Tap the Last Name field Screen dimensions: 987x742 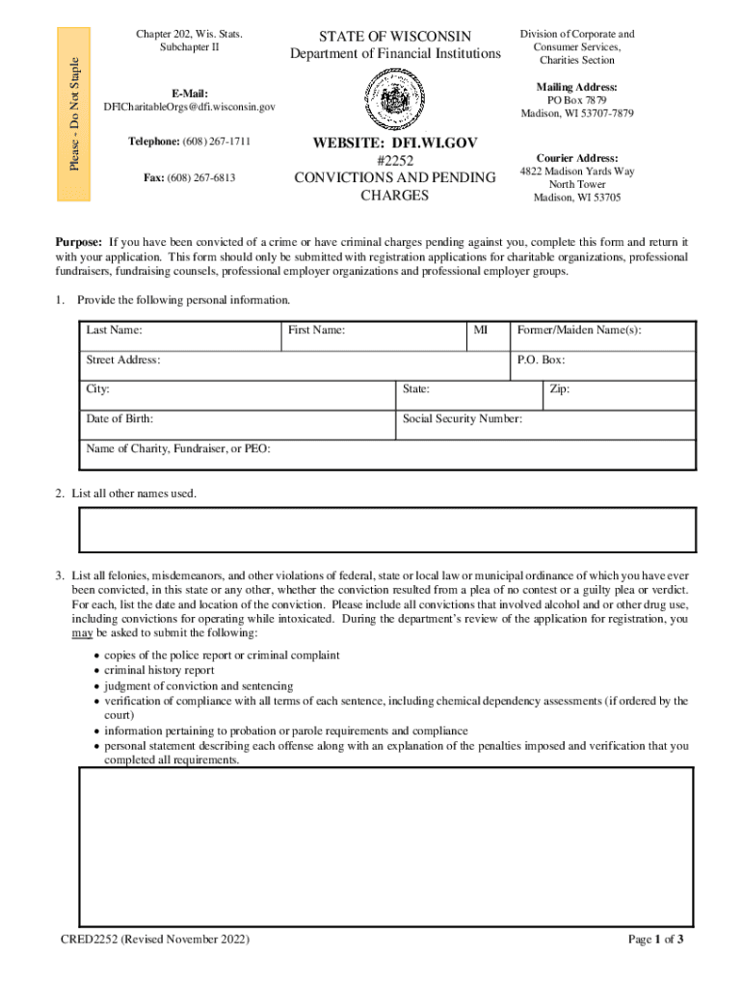(179, 336)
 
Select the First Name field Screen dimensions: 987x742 (373, 336)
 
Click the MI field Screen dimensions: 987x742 (488, 336)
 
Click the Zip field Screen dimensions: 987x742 (618, 395)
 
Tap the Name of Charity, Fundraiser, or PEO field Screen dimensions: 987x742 (387, 454)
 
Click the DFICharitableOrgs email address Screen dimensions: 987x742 (189, 106)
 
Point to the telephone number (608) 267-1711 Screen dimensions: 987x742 (189, 142)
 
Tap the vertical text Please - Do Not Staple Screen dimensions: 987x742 (74, 114)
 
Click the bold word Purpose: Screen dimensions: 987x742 (79, 242)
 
